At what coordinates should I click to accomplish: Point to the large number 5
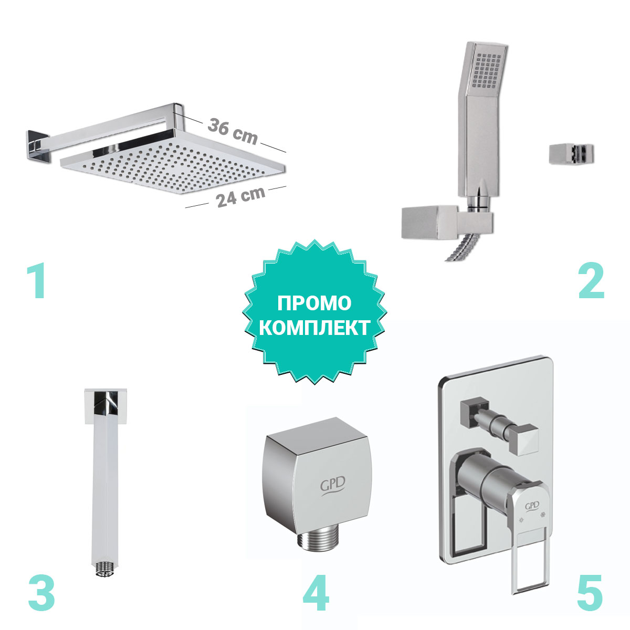589,592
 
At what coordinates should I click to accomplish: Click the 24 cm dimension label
240,197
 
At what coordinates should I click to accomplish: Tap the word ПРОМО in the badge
314,303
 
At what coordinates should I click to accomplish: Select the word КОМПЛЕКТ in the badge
314,328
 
